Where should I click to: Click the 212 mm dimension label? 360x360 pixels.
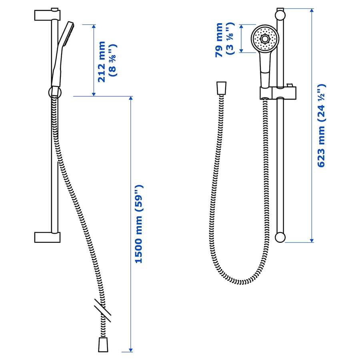(x=102, y=62)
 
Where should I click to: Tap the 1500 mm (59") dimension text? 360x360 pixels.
(x=139, y=224)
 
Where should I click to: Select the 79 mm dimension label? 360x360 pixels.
(x=219, y=40)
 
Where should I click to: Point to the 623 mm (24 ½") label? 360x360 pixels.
(x=322, y=126)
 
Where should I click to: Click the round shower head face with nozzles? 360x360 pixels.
(x=265, y=39)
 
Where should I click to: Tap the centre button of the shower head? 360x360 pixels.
(x=265, y=39)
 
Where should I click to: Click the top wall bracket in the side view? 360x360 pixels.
(x=47, y=15)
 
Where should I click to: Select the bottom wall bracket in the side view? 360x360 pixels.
(x=47, y=237)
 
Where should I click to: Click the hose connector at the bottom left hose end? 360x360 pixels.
(x=103, y=344)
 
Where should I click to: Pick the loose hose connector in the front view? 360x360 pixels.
(x=221, y=88)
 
